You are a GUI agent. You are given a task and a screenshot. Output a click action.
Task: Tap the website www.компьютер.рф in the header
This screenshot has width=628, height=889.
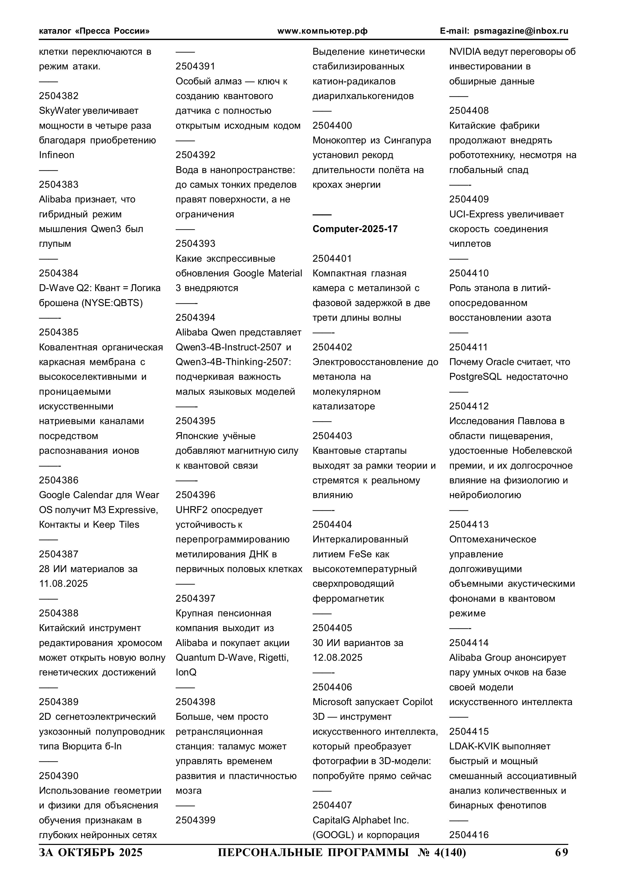point(322,31)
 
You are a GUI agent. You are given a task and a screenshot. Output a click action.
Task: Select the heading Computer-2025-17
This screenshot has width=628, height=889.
point(355,229)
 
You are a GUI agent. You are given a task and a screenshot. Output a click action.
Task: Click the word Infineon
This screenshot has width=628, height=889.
point(56,155)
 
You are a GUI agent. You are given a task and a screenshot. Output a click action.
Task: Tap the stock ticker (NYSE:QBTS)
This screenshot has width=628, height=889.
point(112,303)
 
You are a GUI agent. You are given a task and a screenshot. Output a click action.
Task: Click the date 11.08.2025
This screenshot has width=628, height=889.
point(64,583)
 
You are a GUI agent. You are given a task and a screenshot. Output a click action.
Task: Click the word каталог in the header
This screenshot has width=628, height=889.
point(55,31)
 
